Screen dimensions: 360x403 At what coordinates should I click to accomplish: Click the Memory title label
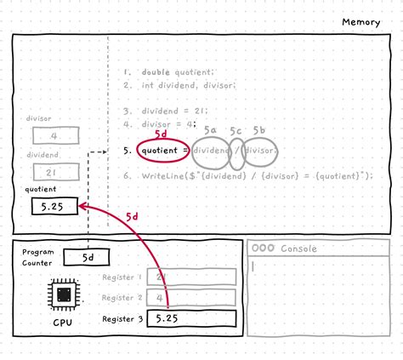[x=361, y=22]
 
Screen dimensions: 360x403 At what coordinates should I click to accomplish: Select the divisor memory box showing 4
[x=55, y=136]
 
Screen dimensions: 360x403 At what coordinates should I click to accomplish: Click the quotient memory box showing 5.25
[x=54, y=206]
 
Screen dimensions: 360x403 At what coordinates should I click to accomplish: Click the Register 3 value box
[x=190, y=318]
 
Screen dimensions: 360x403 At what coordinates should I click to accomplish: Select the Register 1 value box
[x=190, y=277]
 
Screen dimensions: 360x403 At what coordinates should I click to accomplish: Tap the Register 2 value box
[x=190, y=297]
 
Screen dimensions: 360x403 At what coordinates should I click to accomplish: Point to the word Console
[x=299, y=249]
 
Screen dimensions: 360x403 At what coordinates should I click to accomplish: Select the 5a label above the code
[x=210, y=130]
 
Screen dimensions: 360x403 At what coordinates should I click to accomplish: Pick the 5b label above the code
[x=259, y=130]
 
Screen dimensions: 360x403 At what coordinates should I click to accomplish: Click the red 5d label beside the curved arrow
[x=132, y=217]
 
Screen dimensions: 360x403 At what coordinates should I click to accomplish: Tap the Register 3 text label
[x=122, y=318]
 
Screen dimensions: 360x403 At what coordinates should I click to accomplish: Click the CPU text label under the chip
[x=64, y=324]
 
